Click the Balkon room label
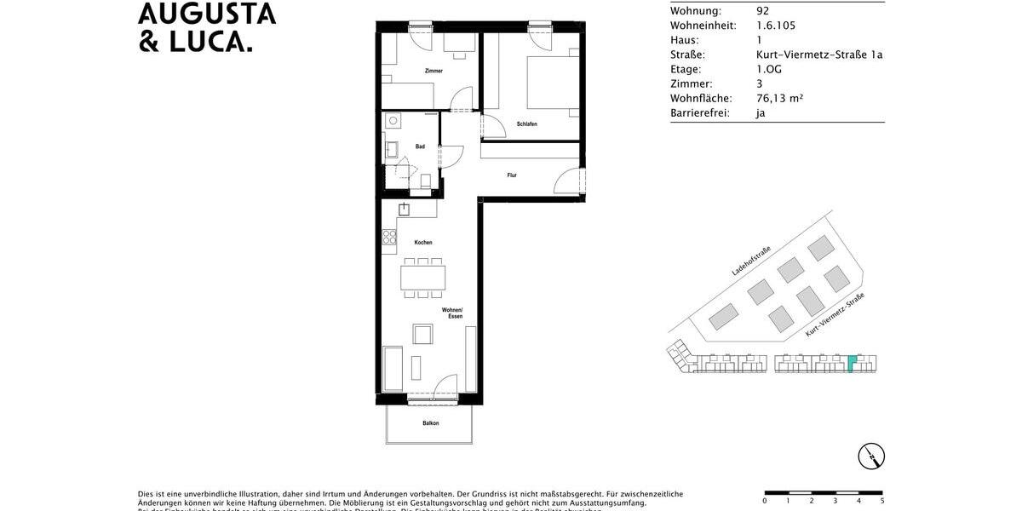point(431,423)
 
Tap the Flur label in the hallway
point(512,175)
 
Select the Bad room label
point(420,146)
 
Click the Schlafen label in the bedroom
point(526,124)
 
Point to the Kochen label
point(423,243)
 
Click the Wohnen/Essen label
point(451,313)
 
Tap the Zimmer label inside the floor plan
point(434,71)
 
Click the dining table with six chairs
point(423,278)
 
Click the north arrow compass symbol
point(870,456)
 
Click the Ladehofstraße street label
point(751,261)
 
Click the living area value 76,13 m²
point(779,98)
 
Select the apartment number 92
point(762,11)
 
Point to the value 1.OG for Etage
point(770,69)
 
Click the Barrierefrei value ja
point(761,112)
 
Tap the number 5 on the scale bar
point(881,502)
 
